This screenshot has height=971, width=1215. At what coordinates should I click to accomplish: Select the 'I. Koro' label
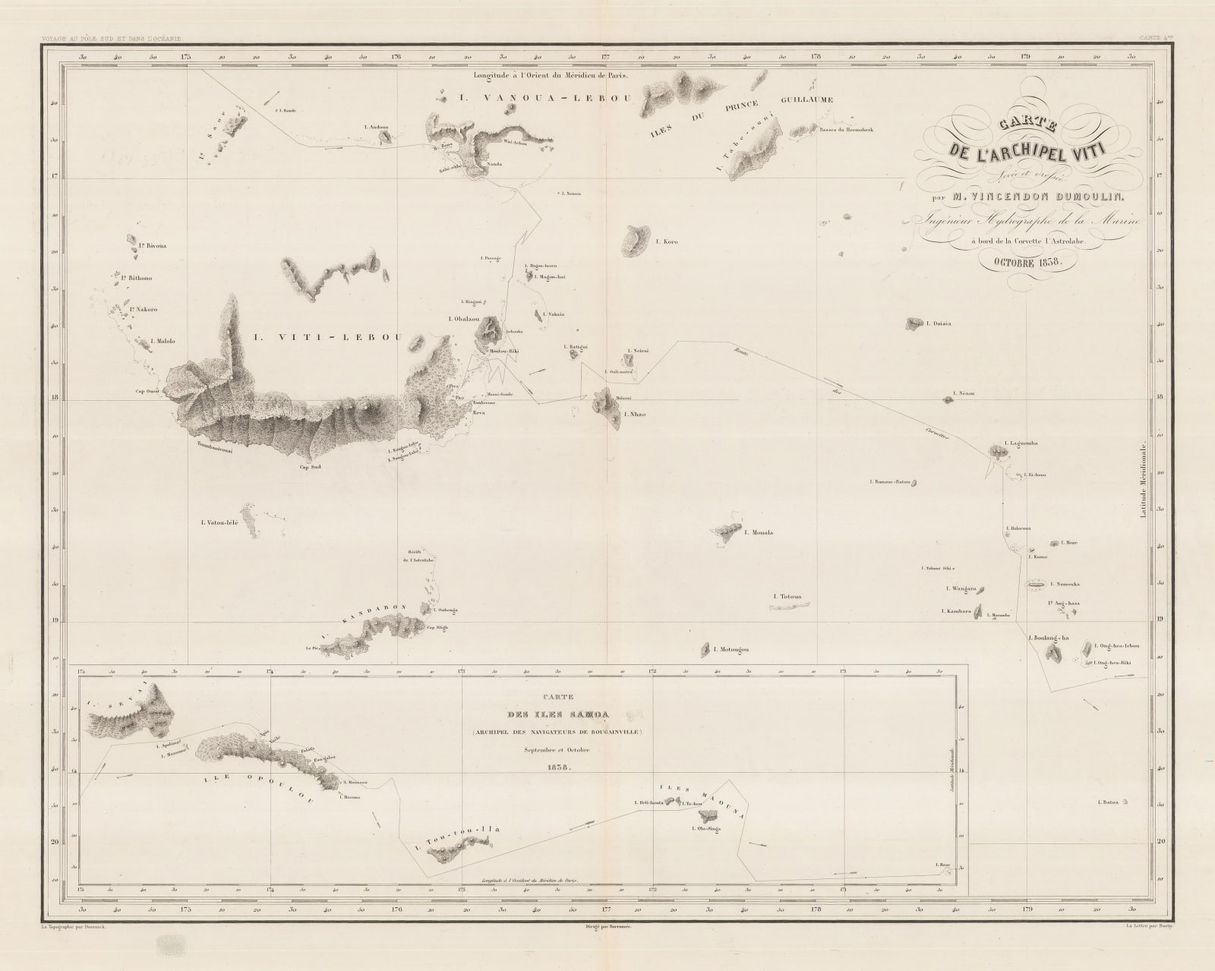[x=665, y=242]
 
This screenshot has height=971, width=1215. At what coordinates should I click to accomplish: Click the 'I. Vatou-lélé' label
[x=219, y=522]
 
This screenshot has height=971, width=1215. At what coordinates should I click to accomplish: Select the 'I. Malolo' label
[x=163, y=342]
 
